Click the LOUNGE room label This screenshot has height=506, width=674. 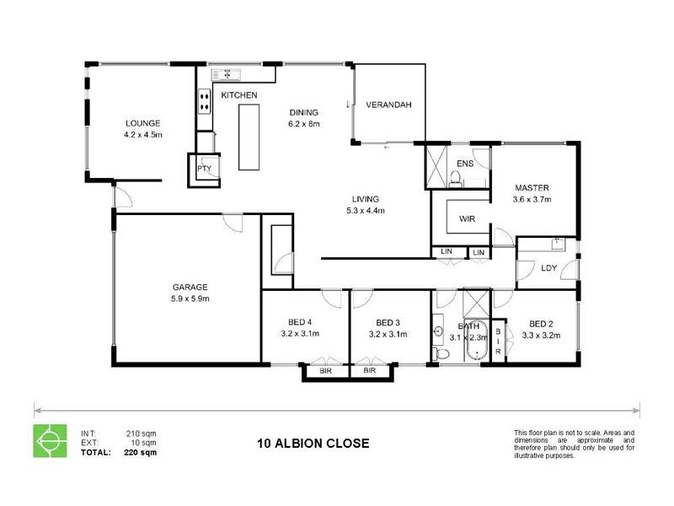[x=142, y=122]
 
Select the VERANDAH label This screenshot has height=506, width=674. [x=388, y=105]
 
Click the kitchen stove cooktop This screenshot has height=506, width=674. [x=204, y=102]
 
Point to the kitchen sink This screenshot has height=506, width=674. [x=224, y=74]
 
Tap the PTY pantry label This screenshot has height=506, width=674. [x=204, y=169]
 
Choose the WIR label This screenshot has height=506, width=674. [x=468, y=218]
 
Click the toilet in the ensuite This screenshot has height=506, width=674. [x=455, y=178]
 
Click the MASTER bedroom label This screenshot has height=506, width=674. [x=532, y=188]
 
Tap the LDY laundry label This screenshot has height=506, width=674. [x=549, y=268]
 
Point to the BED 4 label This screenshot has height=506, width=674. [x=300, y=323]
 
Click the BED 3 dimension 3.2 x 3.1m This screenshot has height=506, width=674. [x=388, y=334]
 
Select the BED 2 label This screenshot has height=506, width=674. [x=541, y=323]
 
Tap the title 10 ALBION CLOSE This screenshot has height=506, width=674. [x=313, y=443]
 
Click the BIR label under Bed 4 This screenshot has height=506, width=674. [x=324, y=371]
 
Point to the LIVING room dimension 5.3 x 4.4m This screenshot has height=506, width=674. [x=365, y=211]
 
